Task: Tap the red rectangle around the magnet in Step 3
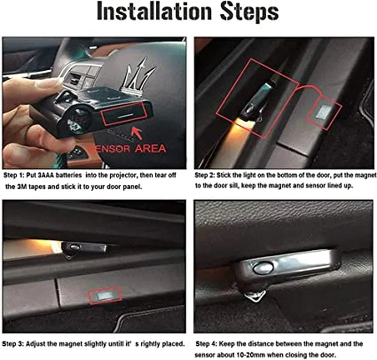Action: pos(105,296)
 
